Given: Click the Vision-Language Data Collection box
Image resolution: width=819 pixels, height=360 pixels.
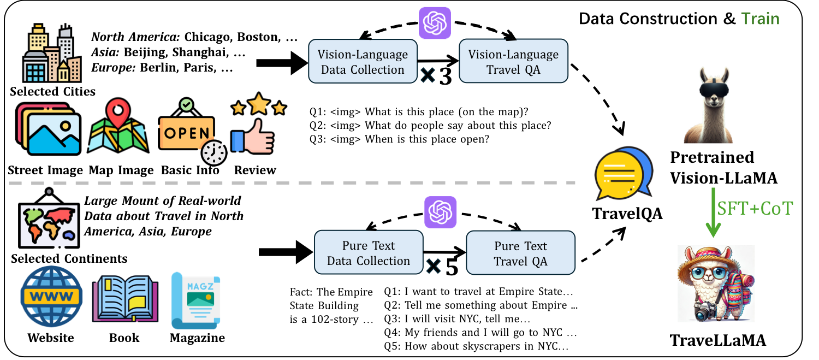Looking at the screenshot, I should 363,62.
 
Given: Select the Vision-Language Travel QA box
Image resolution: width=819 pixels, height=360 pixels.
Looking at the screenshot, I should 513,62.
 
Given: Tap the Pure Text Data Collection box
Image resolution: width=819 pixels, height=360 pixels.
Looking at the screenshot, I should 369,253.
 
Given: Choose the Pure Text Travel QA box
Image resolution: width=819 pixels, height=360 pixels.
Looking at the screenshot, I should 520,253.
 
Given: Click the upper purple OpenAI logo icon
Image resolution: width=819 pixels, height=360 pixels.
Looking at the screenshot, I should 435,23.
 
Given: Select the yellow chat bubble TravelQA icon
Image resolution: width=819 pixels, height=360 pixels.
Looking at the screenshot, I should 624,174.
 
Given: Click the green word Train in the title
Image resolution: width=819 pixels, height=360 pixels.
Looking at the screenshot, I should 761,19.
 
